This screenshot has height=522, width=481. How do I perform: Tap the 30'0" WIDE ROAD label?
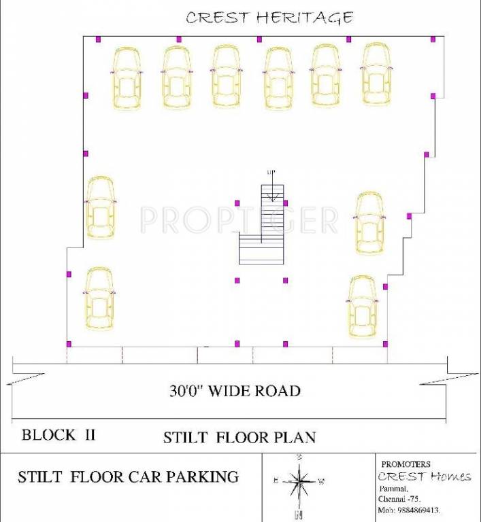(235, 391)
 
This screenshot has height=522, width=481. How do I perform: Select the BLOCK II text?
(58, 435)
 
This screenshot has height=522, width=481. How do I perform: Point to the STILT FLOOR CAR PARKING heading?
(128, 477)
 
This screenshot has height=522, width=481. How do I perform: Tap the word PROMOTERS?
(406, 464)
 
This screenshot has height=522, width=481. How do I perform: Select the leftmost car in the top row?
(127, 77)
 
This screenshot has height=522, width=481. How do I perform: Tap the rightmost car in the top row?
(376, 73)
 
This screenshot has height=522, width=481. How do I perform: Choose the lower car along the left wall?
(99, 298)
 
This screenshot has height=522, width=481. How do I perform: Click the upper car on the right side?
(369, 223)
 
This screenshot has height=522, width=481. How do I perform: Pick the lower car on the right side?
(363, 307)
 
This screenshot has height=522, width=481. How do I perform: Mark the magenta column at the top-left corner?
(98, 39)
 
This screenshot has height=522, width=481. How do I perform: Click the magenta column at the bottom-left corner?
(69, 344)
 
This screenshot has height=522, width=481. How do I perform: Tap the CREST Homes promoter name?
(425, 476)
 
